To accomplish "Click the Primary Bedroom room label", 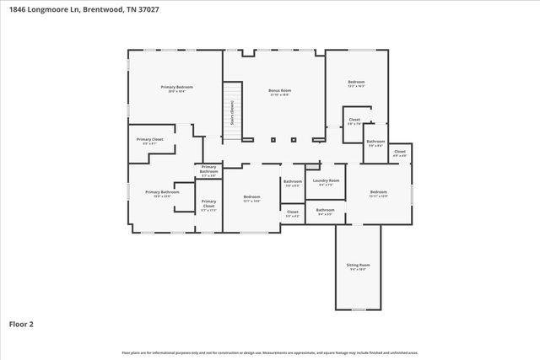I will click(178, 87).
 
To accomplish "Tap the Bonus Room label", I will click(279, 90).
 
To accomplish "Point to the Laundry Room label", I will click(325, 180).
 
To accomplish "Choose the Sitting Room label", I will click(359, 265).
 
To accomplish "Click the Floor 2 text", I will click(22, 324).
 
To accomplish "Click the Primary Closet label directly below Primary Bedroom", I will click(150, 139).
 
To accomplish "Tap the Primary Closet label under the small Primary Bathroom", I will click(208, 203).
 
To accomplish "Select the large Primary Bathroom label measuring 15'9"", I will click(162, 192).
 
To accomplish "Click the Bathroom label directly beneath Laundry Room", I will click(325, 210).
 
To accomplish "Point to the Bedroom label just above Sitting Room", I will click(378, 192).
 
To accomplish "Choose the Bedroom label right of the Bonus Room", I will click(356, 82).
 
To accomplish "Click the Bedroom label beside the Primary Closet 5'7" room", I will click(251, 196).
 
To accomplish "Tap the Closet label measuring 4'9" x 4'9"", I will click(399, 152).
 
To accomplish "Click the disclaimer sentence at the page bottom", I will click(270, 352).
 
